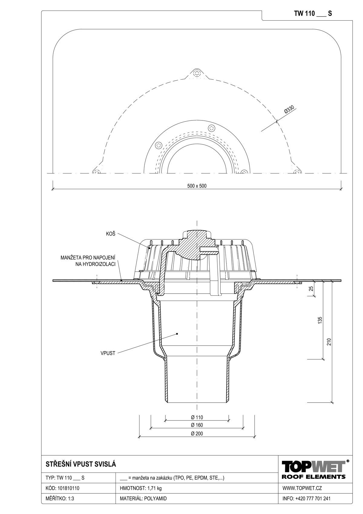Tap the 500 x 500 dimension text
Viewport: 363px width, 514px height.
coord(197,186)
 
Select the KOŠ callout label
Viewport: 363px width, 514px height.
coord(110,234)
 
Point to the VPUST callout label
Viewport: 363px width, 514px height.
coord(108,353)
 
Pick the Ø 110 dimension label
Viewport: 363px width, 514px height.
coord(197,417)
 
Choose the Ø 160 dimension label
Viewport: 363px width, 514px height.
coord(197,425)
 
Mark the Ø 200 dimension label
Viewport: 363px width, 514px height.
coord(197,433)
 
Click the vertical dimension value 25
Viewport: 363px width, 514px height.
coord(311,288)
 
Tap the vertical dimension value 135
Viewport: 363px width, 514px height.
coord(320,320)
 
